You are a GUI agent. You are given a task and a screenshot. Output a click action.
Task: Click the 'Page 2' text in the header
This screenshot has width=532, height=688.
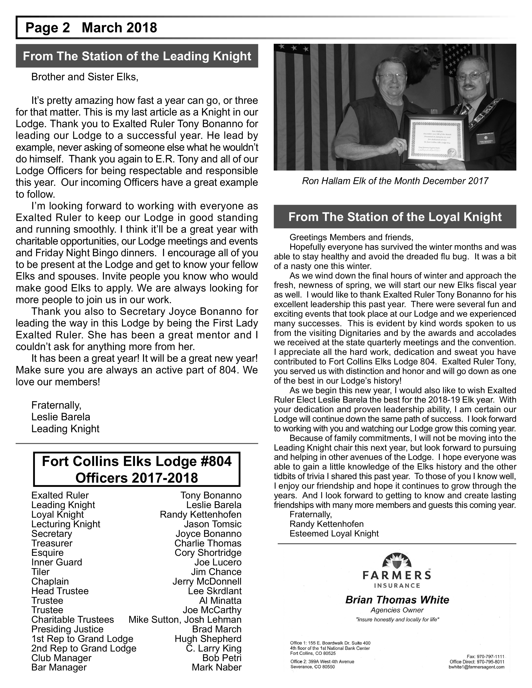(47, 28)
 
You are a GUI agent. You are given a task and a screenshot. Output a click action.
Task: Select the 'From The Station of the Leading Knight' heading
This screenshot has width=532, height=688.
(137, 56)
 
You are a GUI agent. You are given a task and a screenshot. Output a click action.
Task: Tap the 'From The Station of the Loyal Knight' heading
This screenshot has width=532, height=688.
(395, 217)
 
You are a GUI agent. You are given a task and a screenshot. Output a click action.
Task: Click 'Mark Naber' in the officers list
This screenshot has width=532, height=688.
(217, 667)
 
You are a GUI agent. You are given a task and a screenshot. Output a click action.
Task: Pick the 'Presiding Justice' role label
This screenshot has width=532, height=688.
(67, 629)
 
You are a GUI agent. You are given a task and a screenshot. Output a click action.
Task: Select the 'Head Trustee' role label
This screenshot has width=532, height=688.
(60, 591)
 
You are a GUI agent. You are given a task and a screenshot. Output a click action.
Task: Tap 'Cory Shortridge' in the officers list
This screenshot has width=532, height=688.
(208, 553)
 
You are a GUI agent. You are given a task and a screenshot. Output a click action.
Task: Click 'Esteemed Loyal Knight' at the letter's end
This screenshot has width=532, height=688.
(334, 533)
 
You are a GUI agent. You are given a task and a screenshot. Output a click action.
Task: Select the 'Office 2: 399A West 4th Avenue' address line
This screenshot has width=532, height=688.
(322, 662)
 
